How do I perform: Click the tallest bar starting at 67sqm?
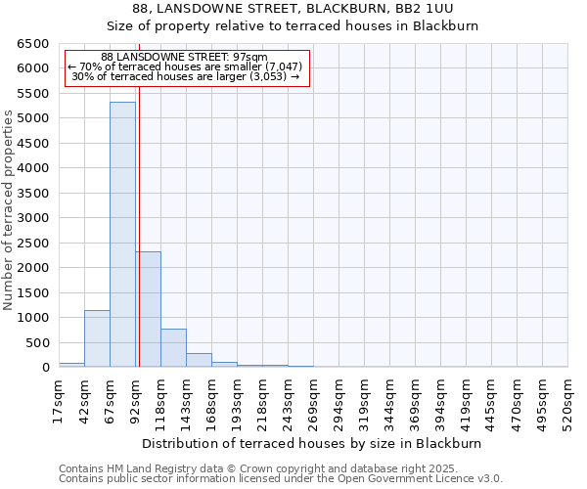pyautogui.click(x=122, y=235)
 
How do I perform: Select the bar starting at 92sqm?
pyautogui.click(x=149, y=309)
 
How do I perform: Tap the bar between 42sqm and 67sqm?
pyautogui.click(x=97, y=338)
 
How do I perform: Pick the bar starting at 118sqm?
pyautogui.click(x=173, y=348)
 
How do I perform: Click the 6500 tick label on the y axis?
pyautogui.click(x=32, y=44)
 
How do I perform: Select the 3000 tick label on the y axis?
pyautogui.click(x=32, y=218)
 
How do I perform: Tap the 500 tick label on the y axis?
pyautogui.click(x=36, y=342)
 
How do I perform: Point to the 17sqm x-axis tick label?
pyautogui.click(x=60, y=401)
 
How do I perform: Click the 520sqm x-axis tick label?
pyautogui.click(x=567, y=401)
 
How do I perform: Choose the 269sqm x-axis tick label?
pyautogui.click(x=313, y=401)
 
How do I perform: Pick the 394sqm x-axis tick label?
pyautogui.click(x=440, y=401)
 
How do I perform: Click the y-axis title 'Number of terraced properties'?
pyautogui.click(x=9, y=209)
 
